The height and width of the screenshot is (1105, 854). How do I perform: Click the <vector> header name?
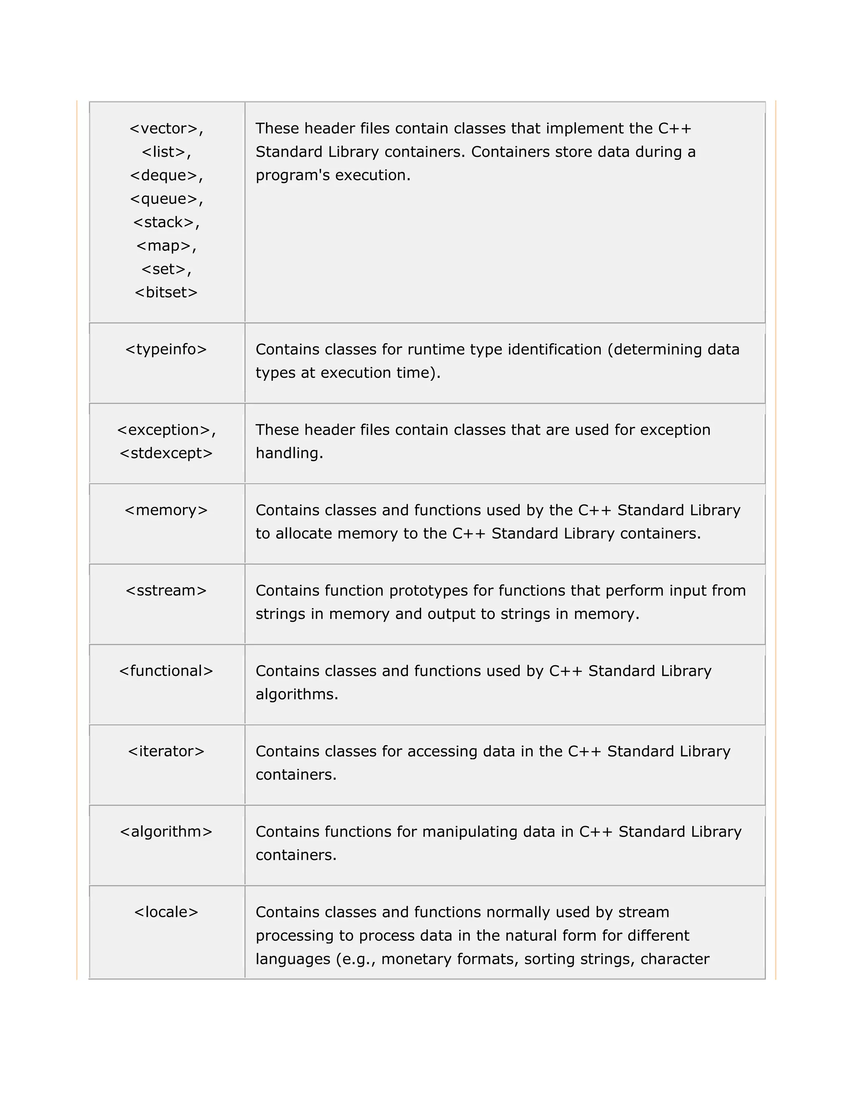tap(163, 128)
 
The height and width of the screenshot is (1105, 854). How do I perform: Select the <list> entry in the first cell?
tap(163, 152)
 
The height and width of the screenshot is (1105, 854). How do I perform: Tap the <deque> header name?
tap(163, 175)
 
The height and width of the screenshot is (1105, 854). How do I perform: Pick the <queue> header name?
tap(163, 199)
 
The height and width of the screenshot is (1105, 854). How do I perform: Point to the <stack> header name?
tap(163, 222)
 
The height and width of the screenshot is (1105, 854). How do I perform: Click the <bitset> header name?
tap(166, 292)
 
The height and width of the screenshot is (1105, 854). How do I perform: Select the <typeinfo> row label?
tap(166, 349)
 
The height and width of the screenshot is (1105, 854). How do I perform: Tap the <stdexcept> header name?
tap(166, 453)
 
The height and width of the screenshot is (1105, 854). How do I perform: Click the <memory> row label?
tap(166, 510)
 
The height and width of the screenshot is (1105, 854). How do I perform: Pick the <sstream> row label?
tap(166, 590)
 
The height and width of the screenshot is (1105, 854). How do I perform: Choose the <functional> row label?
tap(166, 671)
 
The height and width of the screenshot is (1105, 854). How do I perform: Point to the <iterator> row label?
tap(166, 751)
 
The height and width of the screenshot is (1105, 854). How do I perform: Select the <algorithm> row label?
tap(166, 832)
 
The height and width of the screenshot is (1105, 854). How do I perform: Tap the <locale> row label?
tap(166, 912)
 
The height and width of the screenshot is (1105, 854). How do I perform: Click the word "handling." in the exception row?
tap(289, 453)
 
